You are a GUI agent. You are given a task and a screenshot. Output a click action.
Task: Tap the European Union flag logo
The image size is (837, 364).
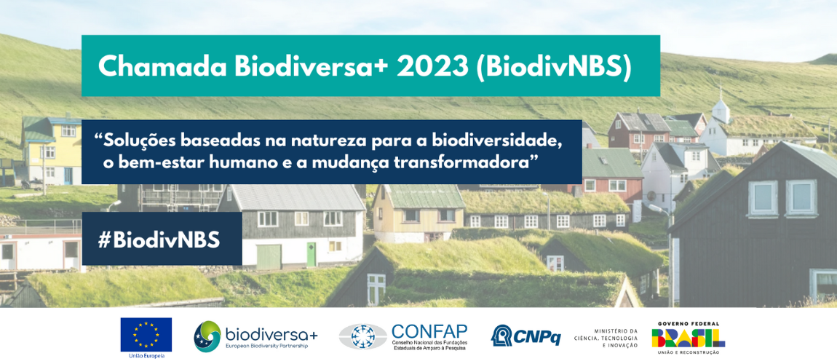pyautogui.click(x=146, y=334)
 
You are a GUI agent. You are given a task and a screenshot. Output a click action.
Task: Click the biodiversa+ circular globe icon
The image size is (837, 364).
pyautogui.click(x=207, y=336)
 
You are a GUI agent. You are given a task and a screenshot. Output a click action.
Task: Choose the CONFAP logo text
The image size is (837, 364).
pyautogui.click(x=429, y=331)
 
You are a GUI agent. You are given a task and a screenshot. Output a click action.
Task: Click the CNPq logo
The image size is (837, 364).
pyautogui.click(x=525, y=336)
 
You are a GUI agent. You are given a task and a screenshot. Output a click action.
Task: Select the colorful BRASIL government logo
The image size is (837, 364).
pyautogui.click(x=688, y=337)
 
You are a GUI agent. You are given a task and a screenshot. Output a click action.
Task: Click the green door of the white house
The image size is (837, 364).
pyautogui.click(x=312, y=254)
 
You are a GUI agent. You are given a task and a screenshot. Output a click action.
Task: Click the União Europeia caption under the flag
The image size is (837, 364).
pyautogui.click(x=146, y=355)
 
